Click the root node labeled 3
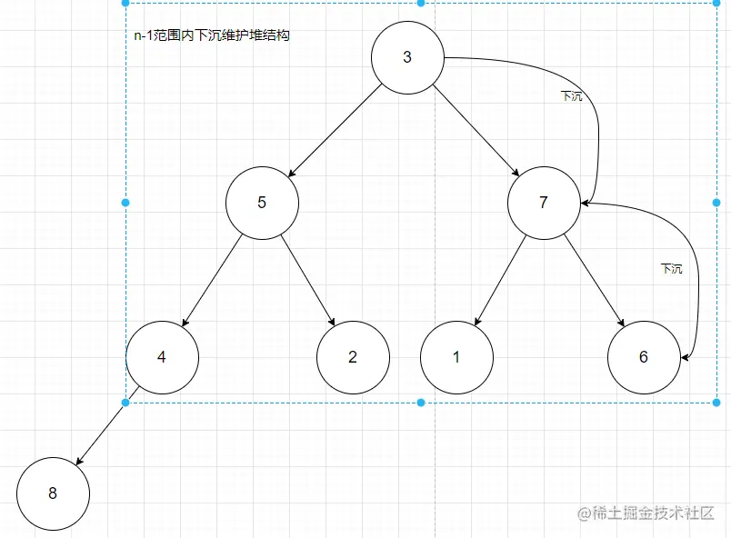pos(406,57)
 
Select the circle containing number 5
pos(262,202)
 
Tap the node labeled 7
pos(544,202)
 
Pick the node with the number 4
pos(162,356)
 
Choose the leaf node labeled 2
pos(353,356)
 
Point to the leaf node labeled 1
pos(456,356)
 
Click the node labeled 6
pos(644,356)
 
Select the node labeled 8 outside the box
pos(53,493)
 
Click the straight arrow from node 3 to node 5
pos(334,130)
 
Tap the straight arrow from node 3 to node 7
pos(475,129)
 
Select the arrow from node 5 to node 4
pos(213,278)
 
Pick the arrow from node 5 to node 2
pos(308,279)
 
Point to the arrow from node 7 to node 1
pos(501,278)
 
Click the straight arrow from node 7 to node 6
pos(593,278)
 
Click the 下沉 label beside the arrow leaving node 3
pos(572,95)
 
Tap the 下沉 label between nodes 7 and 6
pos(671,269)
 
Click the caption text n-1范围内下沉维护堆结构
pos(211,36)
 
